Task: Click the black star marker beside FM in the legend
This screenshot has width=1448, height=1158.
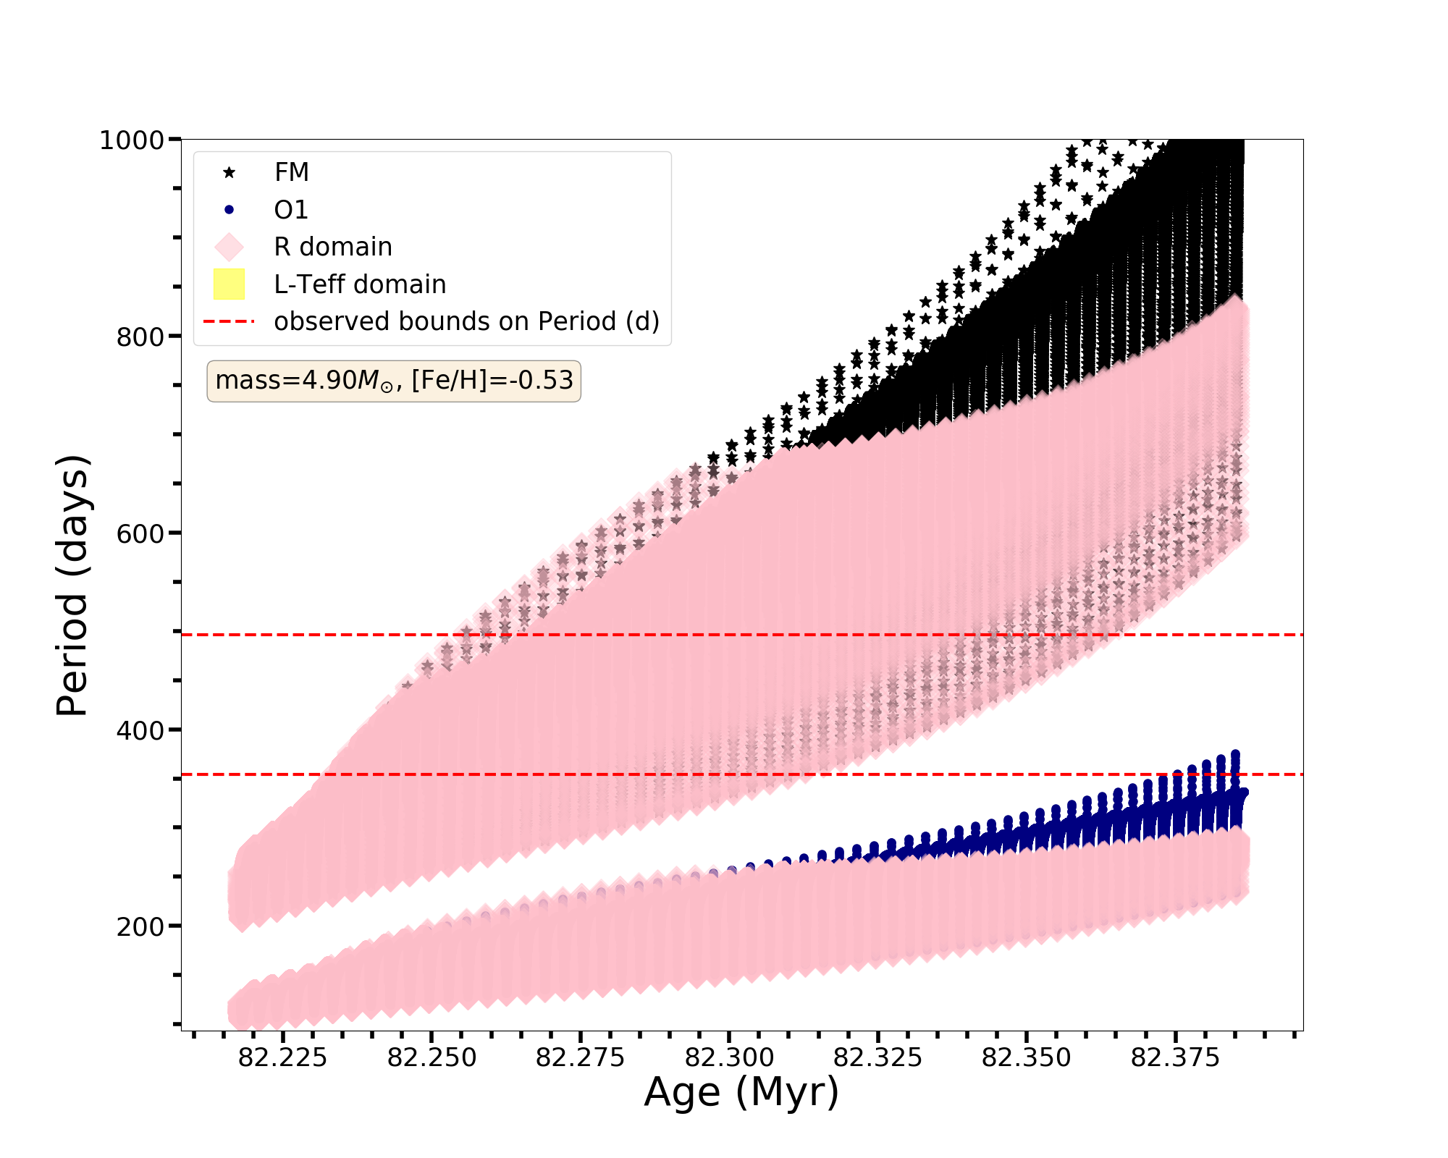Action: (229, 172)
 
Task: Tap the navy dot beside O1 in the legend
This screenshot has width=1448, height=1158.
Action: (229, 210)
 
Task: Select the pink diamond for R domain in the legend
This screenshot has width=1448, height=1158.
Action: (229, 247)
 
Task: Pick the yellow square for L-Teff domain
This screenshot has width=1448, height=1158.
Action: (229, 284)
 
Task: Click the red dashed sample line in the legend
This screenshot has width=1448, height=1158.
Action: (229, 321)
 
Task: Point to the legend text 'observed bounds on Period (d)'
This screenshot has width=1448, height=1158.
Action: (466, 321)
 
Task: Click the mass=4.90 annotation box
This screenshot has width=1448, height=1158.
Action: (394, 381)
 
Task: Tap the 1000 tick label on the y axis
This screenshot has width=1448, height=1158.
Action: (131, 140)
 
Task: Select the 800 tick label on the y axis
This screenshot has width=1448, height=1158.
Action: (140, 337)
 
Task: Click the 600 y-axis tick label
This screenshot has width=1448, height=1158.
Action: (140, 533)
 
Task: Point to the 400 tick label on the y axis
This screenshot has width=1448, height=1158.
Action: (140, 730)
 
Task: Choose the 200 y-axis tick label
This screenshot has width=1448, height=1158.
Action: (140, 926)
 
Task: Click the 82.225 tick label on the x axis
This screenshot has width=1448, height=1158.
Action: (282, 1058)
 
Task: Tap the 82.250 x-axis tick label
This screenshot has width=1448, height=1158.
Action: (432, 1058)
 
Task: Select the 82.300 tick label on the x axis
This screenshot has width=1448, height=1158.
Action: (729, 1058)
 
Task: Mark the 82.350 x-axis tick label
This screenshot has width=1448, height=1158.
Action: (1026, 1058)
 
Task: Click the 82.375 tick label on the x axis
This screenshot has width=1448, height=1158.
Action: (1175, 1058)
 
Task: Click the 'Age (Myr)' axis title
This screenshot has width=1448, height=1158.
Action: (741, 1092)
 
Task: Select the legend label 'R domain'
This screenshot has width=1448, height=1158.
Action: (333, 247)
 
